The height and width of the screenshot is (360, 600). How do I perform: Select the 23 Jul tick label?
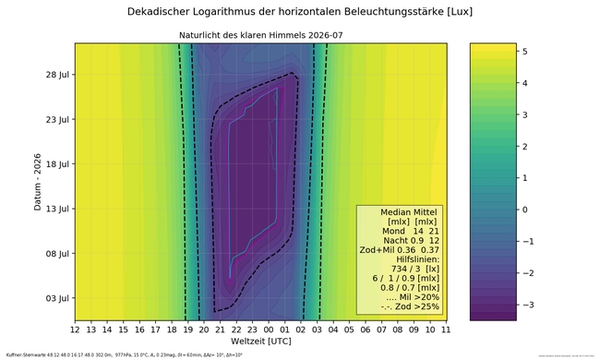(x=56, y=119)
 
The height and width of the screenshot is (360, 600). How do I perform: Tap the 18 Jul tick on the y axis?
(x=56, y=163)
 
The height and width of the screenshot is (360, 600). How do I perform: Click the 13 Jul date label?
(x=56, y=209)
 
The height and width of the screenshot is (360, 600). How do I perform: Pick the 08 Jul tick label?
(x=56, y=253)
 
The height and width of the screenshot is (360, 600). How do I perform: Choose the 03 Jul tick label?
(x=56, y=298)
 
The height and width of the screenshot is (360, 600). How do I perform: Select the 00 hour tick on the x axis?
(x=269, y=329)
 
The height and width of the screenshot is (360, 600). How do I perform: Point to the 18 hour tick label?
(x=172, y=329)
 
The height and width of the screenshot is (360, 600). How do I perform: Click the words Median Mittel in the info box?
(x=401, y=210)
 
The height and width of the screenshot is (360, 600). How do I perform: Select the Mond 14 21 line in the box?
(x=401, y=231)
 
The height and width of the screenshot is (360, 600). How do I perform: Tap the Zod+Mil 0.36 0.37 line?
(x=400, y=251)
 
